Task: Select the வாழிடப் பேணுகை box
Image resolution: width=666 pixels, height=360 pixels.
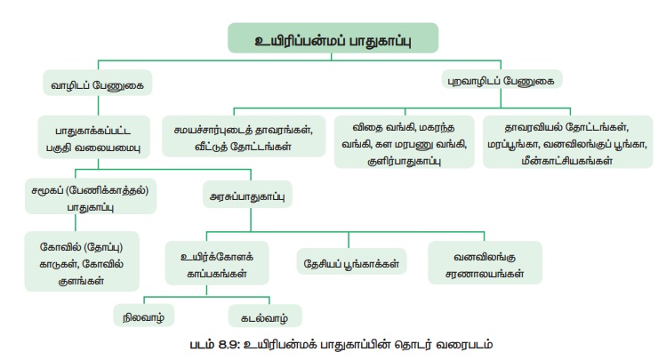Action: point(97,84)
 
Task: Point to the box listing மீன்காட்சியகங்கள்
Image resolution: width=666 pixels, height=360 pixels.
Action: point(567,141)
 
